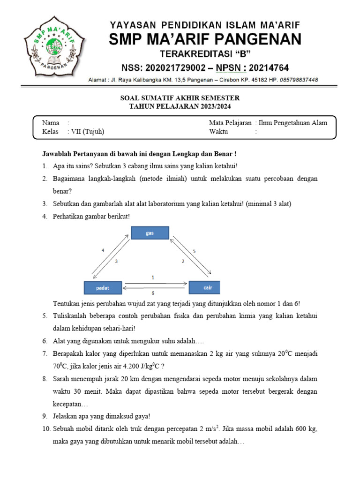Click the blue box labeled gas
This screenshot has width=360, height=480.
pos(150,233)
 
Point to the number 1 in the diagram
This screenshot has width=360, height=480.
pos(152,277)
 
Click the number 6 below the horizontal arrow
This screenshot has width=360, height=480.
pos(152,292)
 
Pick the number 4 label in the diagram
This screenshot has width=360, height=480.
pos(103,251)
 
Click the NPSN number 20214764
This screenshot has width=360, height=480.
pos(266,67)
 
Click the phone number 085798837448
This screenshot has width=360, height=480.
pos(292,80)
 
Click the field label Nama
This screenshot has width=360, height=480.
pos(51,123)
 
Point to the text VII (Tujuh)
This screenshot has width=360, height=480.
pos(86,132)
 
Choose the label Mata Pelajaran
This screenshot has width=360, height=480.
pos(231,123)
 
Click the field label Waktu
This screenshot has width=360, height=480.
pos(218,132)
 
